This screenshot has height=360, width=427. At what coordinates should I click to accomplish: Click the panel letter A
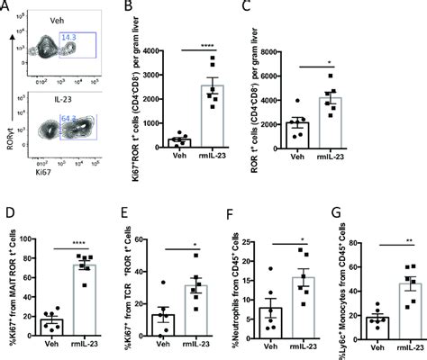click(6, 8)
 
